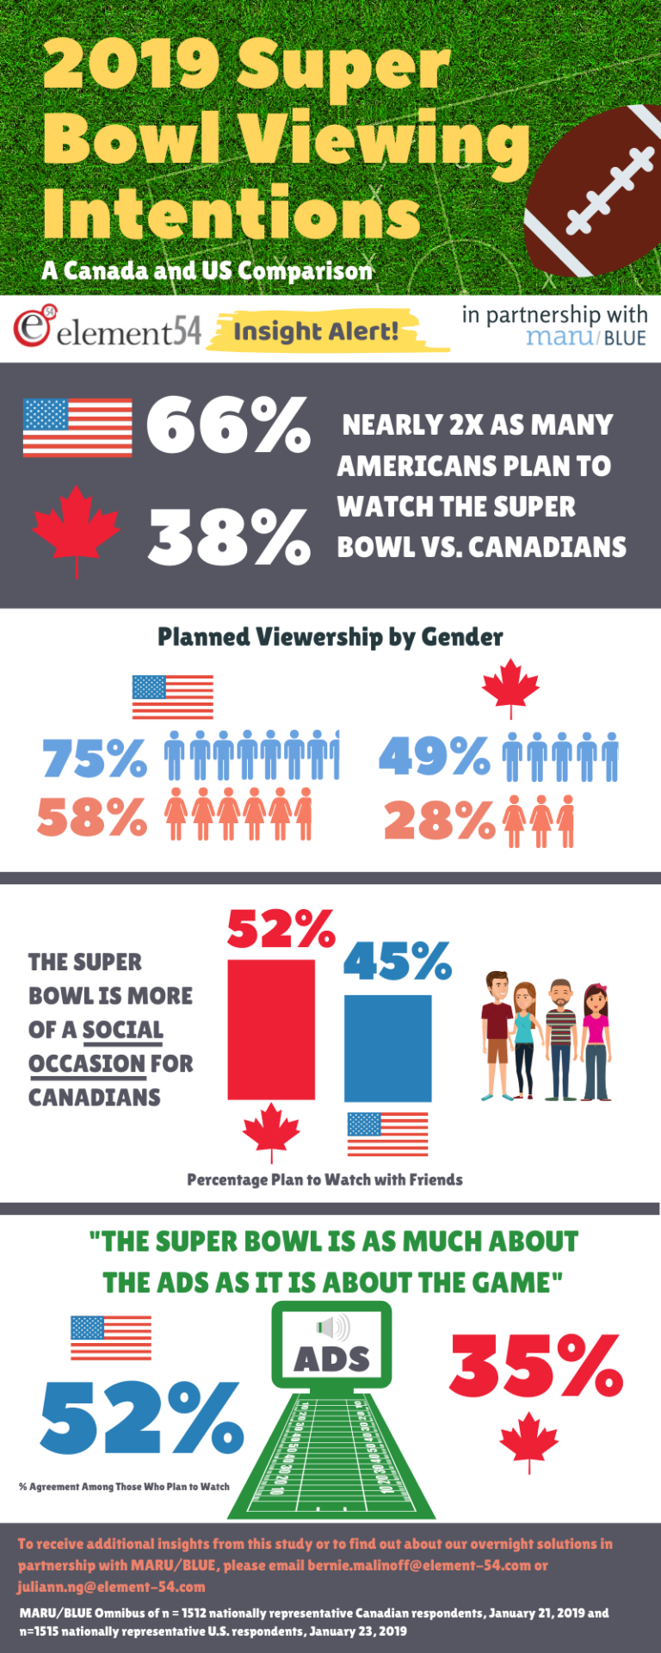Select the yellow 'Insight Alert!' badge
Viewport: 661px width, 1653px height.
316,332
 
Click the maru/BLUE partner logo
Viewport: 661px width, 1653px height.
585,337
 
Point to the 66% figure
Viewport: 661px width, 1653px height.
228,425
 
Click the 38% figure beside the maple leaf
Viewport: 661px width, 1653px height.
229,536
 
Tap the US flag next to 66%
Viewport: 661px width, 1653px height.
77,427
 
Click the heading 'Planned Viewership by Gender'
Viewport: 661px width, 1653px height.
330,637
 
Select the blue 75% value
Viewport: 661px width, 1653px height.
95,758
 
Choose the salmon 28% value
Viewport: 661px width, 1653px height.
439,820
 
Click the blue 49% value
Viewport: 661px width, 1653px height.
435,755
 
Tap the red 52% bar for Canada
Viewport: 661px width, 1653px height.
271,1030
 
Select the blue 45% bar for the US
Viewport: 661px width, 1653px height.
387,1048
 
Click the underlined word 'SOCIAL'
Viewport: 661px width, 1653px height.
123,1030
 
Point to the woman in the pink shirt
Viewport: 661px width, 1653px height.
596,1042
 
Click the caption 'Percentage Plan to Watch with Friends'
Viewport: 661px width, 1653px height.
324,1179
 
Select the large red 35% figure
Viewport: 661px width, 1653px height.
535,1366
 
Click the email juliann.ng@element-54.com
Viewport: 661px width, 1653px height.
111,1587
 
